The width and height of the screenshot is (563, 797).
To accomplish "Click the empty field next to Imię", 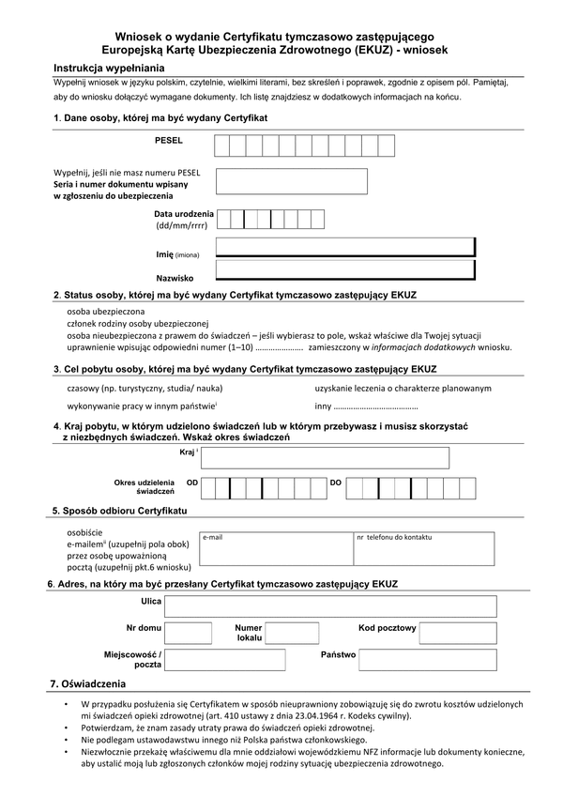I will [x=345, y=247].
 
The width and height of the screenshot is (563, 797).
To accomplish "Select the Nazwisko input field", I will [x=345, y=270].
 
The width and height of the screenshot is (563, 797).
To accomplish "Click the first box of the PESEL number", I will [x=222, y=146].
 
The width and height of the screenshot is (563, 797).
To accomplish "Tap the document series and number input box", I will [x=291, y=181].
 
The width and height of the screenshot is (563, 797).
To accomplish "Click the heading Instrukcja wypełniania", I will [x=109, y=69].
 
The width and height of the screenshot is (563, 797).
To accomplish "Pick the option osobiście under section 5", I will [x=84, y=532].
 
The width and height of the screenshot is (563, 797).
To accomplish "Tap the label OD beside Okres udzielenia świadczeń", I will [x=192, y=483].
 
